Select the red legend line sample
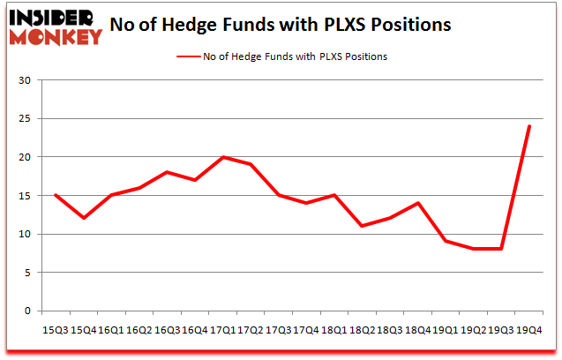190,56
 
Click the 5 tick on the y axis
28,273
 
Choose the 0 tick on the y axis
28,311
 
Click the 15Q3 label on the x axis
56,329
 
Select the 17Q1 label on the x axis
223,329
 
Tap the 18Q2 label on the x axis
362,329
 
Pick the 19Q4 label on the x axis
528,329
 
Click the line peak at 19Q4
528,126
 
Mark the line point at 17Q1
223,157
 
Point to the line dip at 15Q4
84,218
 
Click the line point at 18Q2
362,226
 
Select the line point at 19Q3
501,249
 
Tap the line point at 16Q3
168,172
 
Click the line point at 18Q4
417,203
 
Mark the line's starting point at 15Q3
56,195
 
